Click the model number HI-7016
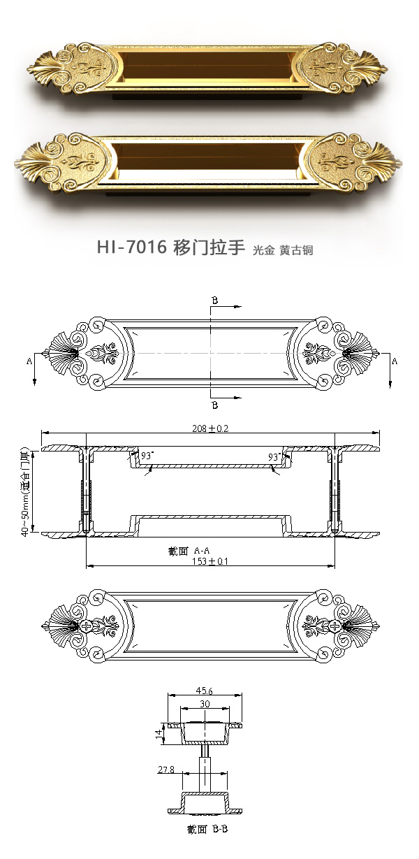(x=131, y=248)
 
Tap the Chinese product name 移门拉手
(x=207, y=248)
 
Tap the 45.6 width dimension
(x=205, y=691)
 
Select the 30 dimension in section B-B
(x=205, y=704)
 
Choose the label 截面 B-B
(x=208, y=830)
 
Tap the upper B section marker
(x=215, y=301)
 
